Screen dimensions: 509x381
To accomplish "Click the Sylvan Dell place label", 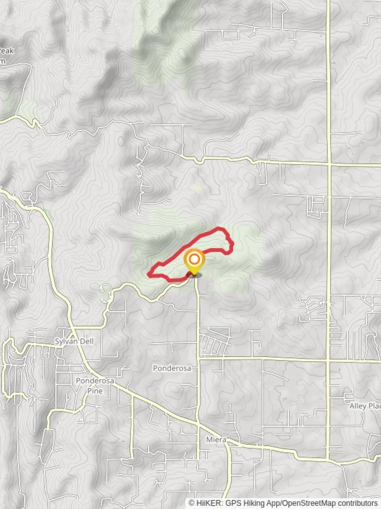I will [71, 341].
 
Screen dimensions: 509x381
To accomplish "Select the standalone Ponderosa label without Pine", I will [172, 368].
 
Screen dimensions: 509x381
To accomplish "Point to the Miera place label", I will [216, 440].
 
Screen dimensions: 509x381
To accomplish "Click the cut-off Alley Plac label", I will [365, 406].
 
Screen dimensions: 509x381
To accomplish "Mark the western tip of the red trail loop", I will [150, 273].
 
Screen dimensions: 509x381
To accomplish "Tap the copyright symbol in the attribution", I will [191, 503].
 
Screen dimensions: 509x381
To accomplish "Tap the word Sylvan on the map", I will [65, 341].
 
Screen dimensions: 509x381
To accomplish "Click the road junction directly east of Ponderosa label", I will [198, 359].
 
